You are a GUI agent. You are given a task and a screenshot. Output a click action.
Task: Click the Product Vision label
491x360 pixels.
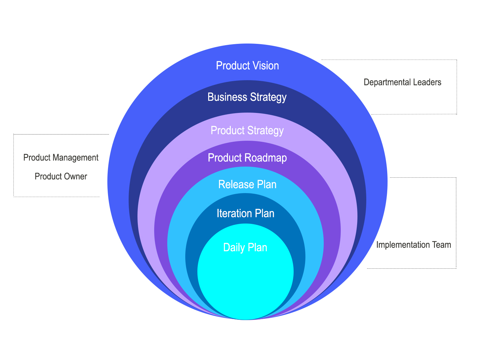[x=247, y=66]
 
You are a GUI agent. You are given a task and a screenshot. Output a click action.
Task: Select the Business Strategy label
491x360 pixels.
[x=247, y=97]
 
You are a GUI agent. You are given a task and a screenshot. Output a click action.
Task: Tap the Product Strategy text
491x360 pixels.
[x=247, y=131]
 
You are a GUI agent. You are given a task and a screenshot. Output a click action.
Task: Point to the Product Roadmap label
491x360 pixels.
[x=247, y=158]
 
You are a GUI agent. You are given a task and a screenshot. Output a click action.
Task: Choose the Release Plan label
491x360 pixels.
[x=247, y=185]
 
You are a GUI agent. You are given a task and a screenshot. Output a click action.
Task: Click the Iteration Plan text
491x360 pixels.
[x=245, y=214]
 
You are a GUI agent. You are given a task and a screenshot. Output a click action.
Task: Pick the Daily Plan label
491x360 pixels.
[x=245, y=247]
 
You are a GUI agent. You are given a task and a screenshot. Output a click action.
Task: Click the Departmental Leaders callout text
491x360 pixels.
[x=402, y=82]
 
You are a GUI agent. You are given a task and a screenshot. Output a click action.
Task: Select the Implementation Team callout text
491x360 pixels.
[x=413, y=245]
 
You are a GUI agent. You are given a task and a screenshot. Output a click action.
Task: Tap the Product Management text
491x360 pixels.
[x=61, y=158]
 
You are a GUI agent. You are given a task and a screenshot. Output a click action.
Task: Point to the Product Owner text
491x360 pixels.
[x=61, y=176]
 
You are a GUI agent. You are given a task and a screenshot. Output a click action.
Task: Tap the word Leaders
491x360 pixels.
[x=427, y=82]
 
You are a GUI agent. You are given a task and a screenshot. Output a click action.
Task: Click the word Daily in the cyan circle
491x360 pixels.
[x=233, y=247]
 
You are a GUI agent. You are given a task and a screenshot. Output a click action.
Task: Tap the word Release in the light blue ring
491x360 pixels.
[x=233, y=185]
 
